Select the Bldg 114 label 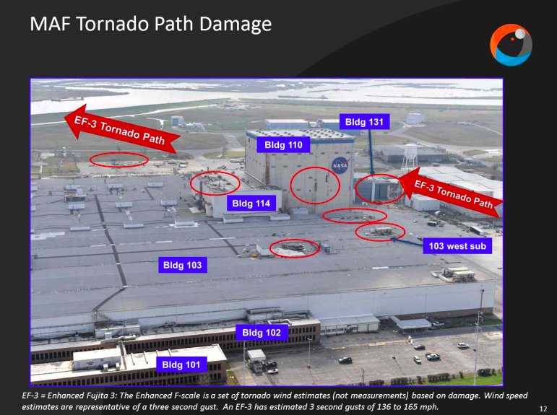[x=251, y=204]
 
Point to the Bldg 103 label [x=182, y=266]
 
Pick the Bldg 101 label [x=181, y=364]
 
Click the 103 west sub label [x=457, y=246]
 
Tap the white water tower [x=410, y=154]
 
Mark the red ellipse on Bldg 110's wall [x=314, y=185]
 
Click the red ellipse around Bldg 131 [x=380, y=189]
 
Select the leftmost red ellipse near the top [x=118, y=160]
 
